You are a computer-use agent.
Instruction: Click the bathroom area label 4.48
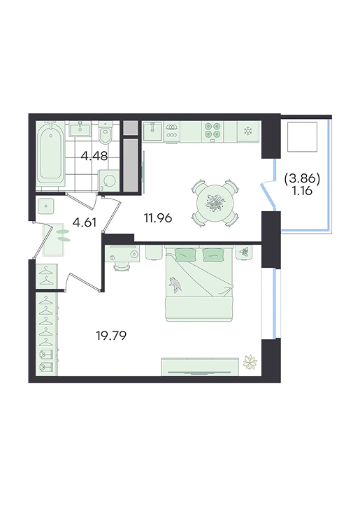(x=94, y=156)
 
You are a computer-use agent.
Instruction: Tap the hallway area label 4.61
(x=84, y=222)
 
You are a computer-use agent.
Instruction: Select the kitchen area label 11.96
(x=158, y=217)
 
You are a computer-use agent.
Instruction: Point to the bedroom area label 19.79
(x=111, y=336)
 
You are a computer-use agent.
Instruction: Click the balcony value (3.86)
(x=302, y=178)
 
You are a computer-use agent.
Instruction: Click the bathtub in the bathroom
(x=50, y=155)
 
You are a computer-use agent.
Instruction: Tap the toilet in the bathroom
(x=106, y=133)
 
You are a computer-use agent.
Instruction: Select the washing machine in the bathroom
(x=108, y=180)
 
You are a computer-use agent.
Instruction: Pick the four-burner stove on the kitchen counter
(x=213, y=131)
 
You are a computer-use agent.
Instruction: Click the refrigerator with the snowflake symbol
(x=249, y=131)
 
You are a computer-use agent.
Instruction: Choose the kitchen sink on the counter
(x=152, y=131)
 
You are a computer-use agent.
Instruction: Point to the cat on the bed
(x=175, y=284)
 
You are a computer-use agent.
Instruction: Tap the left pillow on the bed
(x=186, y=255)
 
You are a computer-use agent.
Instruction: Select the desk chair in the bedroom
(x=122, y=267)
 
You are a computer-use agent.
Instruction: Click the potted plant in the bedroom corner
(x=250, y=362)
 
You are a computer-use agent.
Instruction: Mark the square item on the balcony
(x=303, y=136)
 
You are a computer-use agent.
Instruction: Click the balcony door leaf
(x=268, y=197)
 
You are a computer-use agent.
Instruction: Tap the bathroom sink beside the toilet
(x=80, y=129)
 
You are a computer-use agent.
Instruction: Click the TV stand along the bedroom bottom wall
(x=200, y=367)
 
